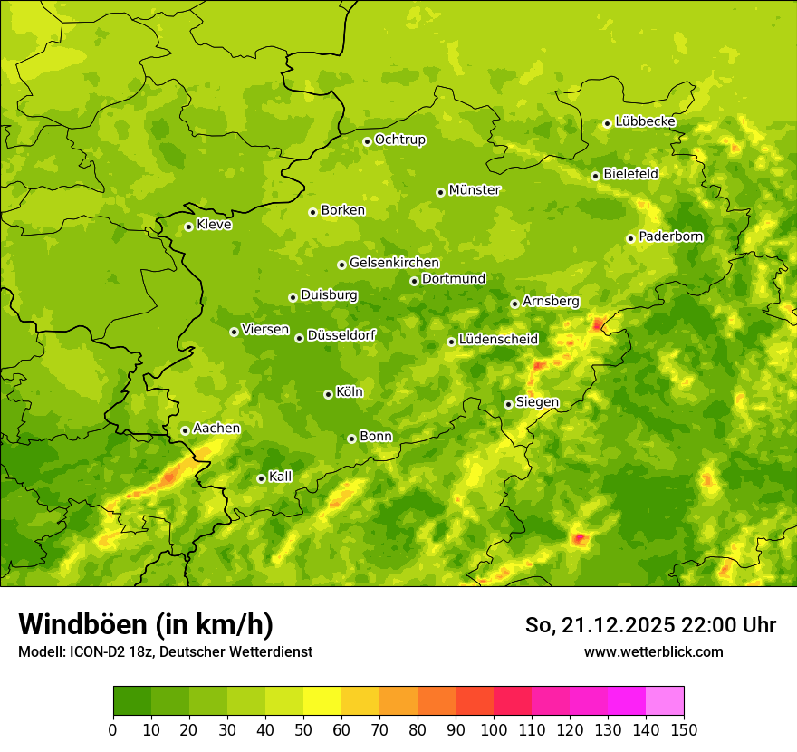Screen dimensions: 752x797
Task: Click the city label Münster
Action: point(475,190)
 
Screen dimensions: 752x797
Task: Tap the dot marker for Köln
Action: point(328,394)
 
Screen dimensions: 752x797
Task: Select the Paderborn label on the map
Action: point(670,236)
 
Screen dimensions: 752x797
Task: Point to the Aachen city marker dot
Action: point(185,430)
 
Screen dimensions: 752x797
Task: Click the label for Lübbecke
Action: point(645,121)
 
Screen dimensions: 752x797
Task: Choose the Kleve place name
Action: point(214,225)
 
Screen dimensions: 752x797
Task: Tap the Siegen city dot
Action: point(508,404)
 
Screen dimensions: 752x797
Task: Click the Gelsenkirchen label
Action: point(394,263)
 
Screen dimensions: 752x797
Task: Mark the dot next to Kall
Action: point(261,478)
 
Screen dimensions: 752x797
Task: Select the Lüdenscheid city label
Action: point(498,340)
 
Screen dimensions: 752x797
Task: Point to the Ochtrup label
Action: point(399,140)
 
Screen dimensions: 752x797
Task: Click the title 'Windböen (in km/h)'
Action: point(146,624)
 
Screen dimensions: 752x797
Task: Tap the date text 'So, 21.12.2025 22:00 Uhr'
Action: point(650,625)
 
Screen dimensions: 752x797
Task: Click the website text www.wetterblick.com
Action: point(653,651)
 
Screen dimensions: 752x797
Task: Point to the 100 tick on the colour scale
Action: point(494,729)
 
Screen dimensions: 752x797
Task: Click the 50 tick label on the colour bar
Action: point(303,729)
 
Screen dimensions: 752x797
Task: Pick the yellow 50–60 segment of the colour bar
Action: point(322,701)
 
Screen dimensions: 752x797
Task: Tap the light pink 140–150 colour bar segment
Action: point(665,701)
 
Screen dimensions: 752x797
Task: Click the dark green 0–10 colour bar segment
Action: point(132,701)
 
